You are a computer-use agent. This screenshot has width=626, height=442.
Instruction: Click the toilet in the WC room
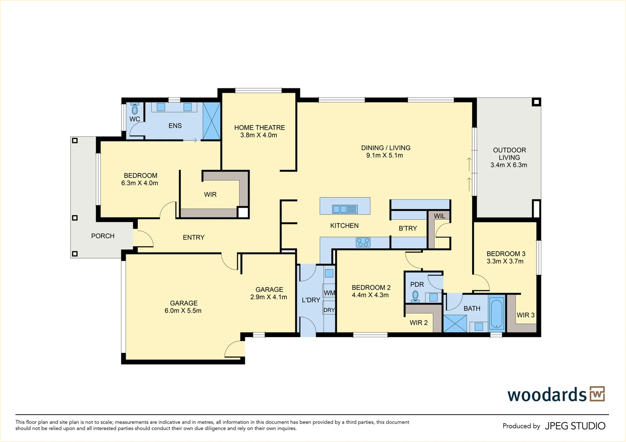[x=135, y=108]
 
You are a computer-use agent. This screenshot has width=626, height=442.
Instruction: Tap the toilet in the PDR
[x=416, y=296]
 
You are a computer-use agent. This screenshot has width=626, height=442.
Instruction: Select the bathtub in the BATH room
[x=497, y=313]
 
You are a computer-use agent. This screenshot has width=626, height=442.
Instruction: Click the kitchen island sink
[x=345, y=209]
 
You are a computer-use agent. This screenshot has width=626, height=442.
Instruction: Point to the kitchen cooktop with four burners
[x=363, y=242]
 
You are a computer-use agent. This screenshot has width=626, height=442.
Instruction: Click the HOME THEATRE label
[x=260, y=128]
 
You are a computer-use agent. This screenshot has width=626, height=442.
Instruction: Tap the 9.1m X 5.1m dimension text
[x=385, y=156]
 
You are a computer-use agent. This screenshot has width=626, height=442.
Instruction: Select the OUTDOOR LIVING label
[x=509, y=154]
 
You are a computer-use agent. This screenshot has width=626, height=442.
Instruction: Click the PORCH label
[x=103, y=236]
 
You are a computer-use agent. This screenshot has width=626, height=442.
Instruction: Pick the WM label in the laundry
[x=329, y=293]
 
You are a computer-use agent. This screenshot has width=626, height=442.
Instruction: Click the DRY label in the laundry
[x=329, y=310]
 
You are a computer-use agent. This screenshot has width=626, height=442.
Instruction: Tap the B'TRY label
[x=408, y=228]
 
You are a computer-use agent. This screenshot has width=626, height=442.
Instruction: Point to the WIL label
[x=439, y=216]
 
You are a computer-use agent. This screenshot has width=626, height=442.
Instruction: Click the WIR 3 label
[x=525, y=316]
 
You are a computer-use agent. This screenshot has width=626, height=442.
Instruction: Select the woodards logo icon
[x=597, y=394]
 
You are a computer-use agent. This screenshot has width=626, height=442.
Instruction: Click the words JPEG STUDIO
[x=575, y=426]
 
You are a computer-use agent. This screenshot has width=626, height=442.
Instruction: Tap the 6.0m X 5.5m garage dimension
[x=183, y=311]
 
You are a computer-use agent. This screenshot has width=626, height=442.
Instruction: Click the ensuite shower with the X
[x=211, y=121]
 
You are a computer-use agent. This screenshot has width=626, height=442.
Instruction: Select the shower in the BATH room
[x=455, y=323]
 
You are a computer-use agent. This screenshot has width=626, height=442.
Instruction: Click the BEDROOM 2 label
[x=371, y=287]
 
